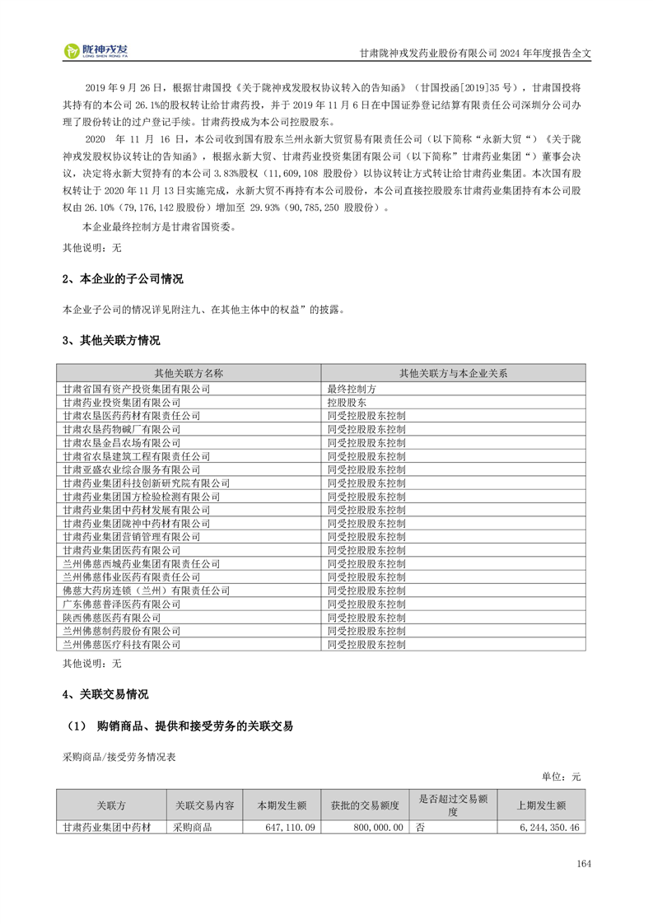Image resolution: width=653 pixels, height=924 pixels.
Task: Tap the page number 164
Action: tap(584, 864)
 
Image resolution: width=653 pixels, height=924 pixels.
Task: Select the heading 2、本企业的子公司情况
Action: tap(123, 279)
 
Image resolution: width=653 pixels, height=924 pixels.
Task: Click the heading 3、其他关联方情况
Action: tap(111, 340)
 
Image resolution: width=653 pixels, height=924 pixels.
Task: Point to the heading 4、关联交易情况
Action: tap(105, 694)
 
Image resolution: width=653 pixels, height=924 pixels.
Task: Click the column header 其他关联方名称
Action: tap(189, 373)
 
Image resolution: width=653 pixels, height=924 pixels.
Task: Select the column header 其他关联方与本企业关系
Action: tap(453, 373)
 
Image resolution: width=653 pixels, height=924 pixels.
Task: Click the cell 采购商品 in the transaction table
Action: tap(193, 827)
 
